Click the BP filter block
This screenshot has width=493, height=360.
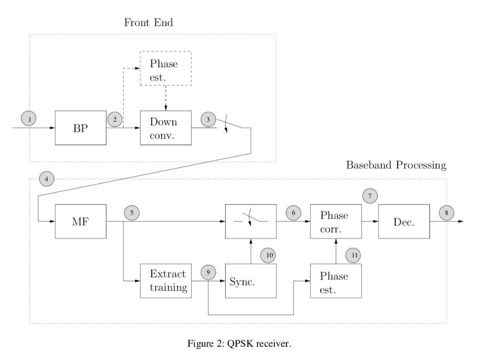80,128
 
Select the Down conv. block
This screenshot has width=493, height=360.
166,128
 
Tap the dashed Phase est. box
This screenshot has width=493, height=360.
166,68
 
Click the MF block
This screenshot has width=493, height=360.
80,221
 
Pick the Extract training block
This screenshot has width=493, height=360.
166,281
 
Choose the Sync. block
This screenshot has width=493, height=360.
251,281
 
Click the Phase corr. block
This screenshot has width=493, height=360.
336,221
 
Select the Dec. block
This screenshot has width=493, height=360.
404,221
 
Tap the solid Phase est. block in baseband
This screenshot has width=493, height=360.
336,281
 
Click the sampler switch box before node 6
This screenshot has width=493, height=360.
251,221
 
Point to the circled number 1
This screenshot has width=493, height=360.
30,118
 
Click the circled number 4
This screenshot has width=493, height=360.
46,179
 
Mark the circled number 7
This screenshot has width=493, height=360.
370,196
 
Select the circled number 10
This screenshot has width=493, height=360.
268,256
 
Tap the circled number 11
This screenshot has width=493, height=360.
354,256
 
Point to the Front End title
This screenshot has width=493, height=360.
148,23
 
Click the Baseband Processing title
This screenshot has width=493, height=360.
396,166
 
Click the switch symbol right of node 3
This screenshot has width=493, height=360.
229,124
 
